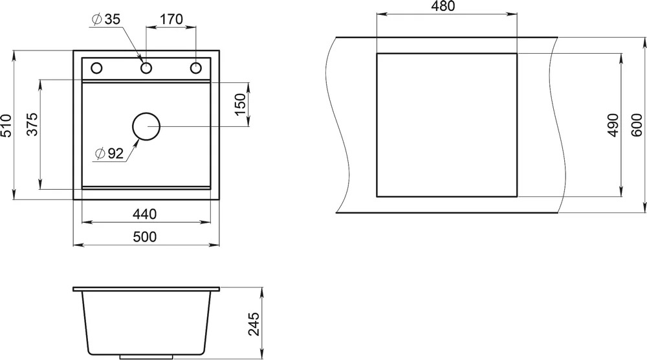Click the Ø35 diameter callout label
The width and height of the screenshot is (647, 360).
pos(107,19)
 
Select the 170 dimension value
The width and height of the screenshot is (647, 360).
pos(171,19)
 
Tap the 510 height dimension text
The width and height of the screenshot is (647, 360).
pos(7,126)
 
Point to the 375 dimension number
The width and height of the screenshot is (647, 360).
pos(32,124)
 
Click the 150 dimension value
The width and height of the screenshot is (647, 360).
pos(240,104)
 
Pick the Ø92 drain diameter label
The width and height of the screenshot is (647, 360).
pos(109,153)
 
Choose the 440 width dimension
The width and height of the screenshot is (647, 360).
pos(144,214)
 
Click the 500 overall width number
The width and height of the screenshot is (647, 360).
pos(145,236)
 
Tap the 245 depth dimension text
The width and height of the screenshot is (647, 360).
pos(255,324)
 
